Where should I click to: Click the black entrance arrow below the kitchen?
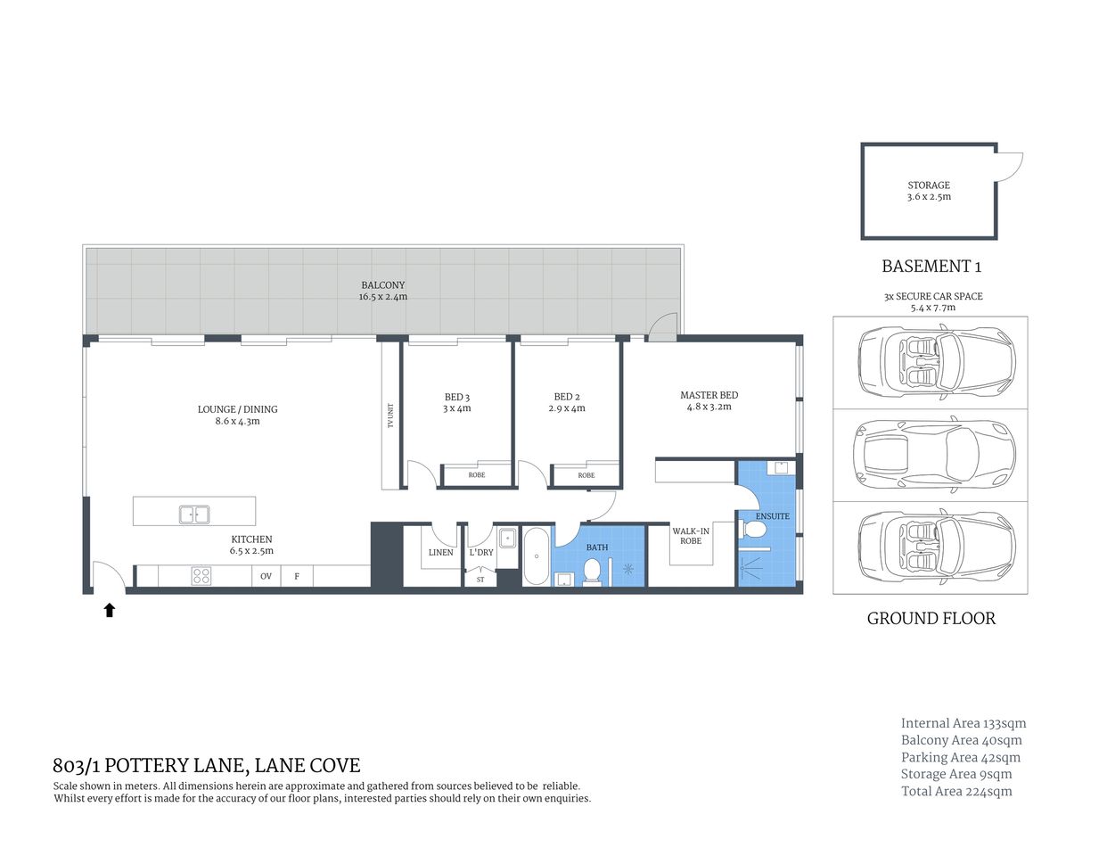pyautogui.click(x=110, y=610)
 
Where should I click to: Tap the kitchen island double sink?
pyautogui.click(x=194, y=514)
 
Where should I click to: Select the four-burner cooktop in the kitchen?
pyautogui.click(x=201, y=576)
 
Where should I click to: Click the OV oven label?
pyautogui.click(x=266, y=577)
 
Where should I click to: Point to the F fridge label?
pyautogui.click(x=297, y=577)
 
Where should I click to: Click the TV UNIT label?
pyautogui.click(x=390, y=416)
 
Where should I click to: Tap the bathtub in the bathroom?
pyautogui.click(x=536, y=557)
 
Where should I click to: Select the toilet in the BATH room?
pyautogui.click(x=591, y=572)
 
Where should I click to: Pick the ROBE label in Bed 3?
pyautogui.click(x=477, y=475)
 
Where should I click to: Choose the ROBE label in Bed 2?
pyautogui.click(x=586, y=475)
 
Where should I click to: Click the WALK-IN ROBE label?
pyautogui.click(x=691, y=536)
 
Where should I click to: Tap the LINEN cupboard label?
pyautogui.click(x=440, y=553)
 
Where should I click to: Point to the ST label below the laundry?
pyautogui.click(x=480, y=580)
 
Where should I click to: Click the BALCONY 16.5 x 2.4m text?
pyautogui.click(x=383, y=291)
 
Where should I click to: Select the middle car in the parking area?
pyautogui.click(x=931, y=454)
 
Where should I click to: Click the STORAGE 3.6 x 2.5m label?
pyautogui.click(x=929, y=191)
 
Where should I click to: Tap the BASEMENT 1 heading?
pyautogui.click(x=931, y=266)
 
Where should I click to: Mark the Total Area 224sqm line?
pyautogui.click(x=956, y=791)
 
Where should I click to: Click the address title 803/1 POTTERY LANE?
pyautogui.click(x=207, y=765)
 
